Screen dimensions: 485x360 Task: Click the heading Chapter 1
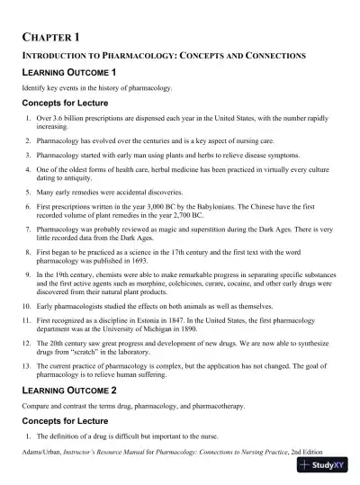[51, 37]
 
